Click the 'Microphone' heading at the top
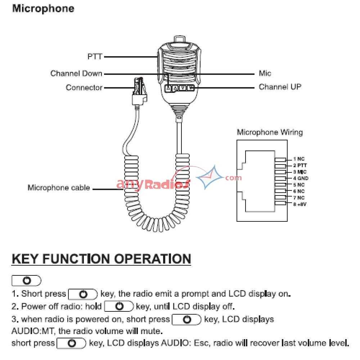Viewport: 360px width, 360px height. point(43,9)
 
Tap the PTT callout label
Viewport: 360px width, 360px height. point(95,57)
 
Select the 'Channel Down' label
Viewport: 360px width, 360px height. point(76,73)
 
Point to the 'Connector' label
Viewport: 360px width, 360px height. point(84,87)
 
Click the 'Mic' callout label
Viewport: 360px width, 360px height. point(265,73)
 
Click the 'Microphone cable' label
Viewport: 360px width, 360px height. point(59,188)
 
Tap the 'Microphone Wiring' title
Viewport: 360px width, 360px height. point(270,132)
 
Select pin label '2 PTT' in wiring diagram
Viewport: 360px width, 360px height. point(300,165)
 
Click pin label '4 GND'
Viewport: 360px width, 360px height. point(300,178)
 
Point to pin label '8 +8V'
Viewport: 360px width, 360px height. point(300,204)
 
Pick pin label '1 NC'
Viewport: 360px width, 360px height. point(298,159)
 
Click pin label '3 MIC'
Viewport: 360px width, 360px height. point(300,172)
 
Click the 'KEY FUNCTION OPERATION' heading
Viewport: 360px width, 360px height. point(101,259)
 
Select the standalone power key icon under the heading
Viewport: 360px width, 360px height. point(26,280)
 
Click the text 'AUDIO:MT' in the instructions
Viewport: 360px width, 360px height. point(29,330)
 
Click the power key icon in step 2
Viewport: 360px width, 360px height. point(119,307)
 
